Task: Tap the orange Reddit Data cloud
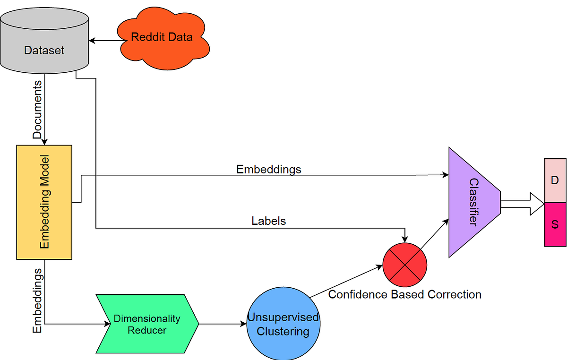tap(162, 38)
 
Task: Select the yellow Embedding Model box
tap(44, 202)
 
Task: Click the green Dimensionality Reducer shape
tap(146, 324)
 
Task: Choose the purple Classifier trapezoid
tap(473, 202)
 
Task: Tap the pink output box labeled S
tap(555, 224)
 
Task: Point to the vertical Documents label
tap(37, 110)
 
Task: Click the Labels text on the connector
tap(268, 221)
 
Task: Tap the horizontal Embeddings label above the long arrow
tap(268, 169)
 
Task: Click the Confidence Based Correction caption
tap(404, 295)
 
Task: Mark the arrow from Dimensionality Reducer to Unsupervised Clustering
tap(222, 324)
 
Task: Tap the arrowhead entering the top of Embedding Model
tap(44, 141)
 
